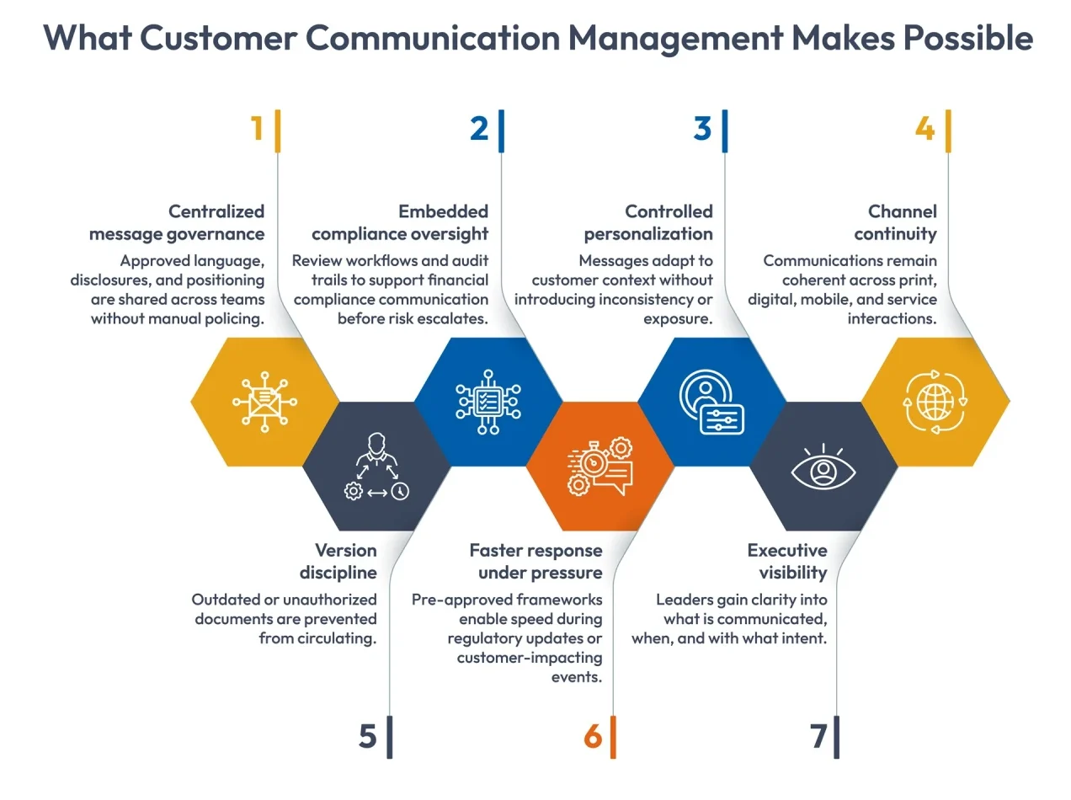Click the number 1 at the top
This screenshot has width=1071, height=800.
coord(257,129)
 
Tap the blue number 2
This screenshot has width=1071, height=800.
coord(479,129)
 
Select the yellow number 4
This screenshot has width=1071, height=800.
coord(924,129)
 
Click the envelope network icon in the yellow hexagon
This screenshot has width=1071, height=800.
coord(264,402)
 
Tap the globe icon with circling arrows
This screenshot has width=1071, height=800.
coord(935,402)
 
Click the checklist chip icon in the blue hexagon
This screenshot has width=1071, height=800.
coord(488,402)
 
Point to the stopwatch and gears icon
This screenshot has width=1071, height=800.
coord(599,466)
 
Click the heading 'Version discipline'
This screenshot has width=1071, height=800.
coord(338,562)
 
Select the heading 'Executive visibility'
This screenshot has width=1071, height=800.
coord(787,562)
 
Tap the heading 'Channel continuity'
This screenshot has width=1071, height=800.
coord(896,222)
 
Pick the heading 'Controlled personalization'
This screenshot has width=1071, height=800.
coord(649,222)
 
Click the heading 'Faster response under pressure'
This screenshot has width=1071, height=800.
coord(536,562)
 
